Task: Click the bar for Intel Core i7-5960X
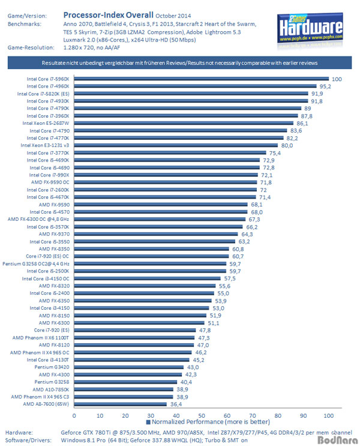[x=201, y=79]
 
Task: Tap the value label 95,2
[x=326, y=86]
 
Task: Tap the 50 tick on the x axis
[x=201, y=415]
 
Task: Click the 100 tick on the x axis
[x=328, y=415]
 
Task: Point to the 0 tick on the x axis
[x=74, y=415]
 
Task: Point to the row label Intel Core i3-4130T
[x=51, y=360]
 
